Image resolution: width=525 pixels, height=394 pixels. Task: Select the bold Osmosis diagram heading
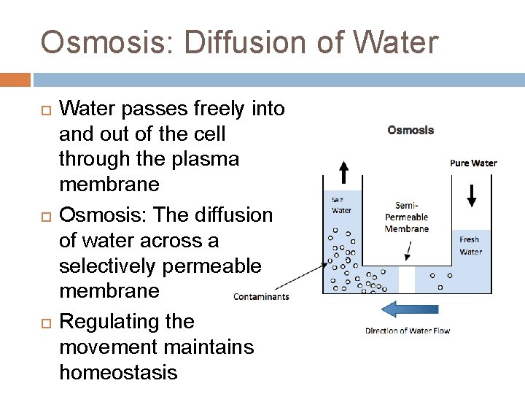coord(411,131)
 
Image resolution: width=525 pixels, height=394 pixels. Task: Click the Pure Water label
coord(473,163)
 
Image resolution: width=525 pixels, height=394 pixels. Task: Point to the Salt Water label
coord(341,205)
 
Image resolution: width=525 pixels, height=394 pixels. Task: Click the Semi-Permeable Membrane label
coord(406,217)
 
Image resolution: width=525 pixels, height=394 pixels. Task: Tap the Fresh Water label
coord(470,246)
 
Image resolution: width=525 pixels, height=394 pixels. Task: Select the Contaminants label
coord(261,296)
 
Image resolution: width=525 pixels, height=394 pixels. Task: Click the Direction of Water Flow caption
coord(408,331)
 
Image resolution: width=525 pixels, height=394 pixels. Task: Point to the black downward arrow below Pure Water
coord(472,196)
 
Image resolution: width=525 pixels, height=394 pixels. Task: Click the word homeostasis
coord(118,372)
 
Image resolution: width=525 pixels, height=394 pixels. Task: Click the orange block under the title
coord(15,79)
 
